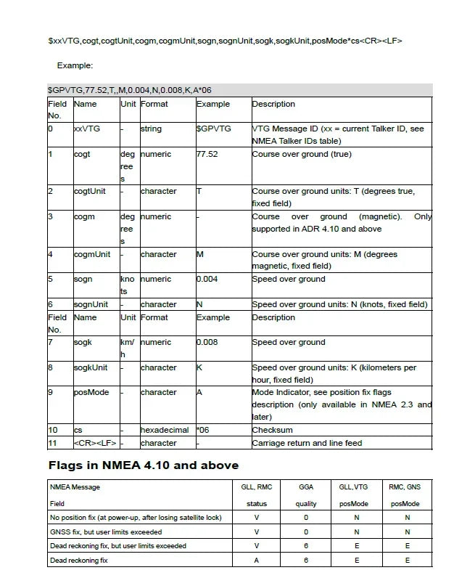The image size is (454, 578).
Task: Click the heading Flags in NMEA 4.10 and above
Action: [x=143, y=465]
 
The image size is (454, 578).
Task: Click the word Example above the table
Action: [x=75, y=65]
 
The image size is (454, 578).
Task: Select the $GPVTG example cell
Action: [x=214, y=129]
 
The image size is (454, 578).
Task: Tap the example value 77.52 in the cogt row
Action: [x=207, y=154]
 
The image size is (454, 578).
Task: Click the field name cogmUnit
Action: [x=92, y=254]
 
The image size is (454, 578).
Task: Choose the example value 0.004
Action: [x=207, y=279]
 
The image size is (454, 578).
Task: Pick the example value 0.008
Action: [x=207, y=342]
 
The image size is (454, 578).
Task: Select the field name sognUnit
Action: [x=91, y=304]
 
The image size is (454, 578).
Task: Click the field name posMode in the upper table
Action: [x=91, y=392]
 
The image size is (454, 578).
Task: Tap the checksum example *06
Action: [x=203, y=430]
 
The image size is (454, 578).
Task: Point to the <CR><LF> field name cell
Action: [x=95, y=443]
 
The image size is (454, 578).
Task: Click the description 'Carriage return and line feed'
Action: [x=307, y=443]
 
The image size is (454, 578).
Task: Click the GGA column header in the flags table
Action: [x=306, y=487]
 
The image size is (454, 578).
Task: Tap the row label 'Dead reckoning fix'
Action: [x=78, y=560]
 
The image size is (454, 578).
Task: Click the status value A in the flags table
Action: [x=257, y=560]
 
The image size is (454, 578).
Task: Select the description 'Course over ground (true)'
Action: [x=301, y=154]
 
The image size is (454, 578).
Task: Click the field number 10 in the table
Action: [x=52, y=430]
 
